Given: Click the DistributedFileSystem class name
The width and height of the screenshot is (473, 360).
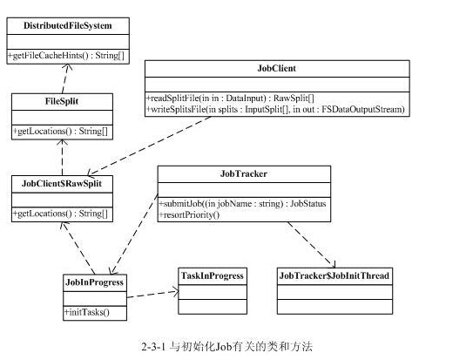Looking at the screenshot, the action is point(68,25).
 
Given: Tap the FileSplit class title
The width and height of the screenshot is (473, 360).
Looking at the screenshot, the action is point(62,101).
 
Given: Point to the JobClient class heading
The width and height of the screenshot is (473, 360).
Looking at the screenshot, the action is point(277,68).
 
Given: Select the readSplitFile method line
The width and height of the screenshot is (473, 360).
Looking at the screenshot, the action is point(230,98).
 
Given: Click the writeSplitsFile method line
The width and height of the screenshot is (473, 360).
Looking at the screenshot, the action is point(275,109).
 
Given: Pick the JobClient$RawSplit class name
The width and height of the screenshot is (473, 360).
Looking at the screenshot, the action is point(62,183).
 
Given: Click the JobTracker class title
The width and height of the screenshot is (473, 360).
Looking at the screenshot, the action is point(244,173).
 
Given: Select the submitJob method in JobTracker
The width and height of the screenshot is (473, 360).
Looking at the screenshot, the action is point(242,204).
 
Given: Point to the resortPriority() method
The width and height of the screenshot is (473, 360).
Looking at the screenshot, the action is point(189,214).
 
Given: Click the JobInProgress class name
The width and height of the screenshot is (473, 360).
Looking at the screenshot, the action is point(94,282).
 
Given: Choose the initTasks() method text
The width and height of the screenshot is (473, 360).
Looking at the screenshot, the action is point(86,312).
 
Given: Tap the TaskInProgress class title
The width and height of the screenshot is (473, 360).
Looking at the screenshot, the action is point(213,275).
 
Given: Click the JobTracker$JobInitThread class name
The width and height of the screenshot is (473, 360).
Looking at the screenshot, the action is point(334,275).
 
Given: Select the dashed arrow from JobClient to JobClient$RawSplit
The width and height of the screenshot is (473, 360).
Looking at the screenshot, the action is point(149,146).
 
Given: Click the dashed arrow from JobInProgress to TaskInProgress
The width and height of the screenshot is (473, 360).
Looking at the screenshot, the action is point(153,294).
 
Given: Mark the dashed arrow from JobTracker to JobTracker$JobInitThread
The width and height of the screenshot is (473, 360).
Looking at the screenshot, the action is point(312,245).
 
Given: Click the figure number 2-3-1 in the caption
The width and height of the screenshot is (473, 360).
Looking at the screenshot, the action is point(153,346).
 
